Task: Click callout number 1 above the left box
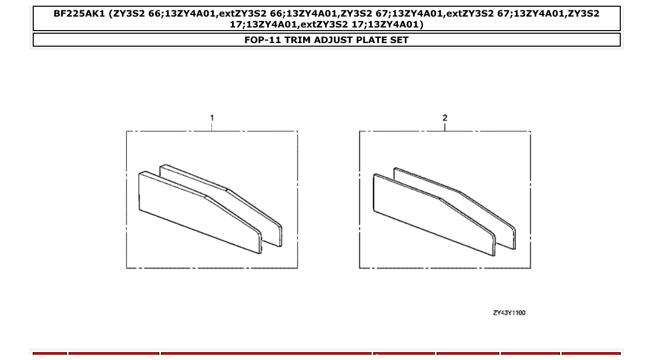pos(212,118)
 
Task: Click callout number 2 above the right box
pos(445,118)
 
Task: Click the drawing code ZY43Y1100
pos(509,313)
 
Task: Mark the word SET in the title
pos(399,40)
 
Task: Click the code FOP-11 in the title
pos(263,40)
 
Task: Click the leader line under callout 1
pos(212,127)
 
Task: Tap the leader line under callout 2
pos(445,127)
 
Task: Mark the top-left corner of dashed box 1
pos(127,131)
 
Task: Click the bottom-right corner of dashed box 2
pos(530,268)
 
